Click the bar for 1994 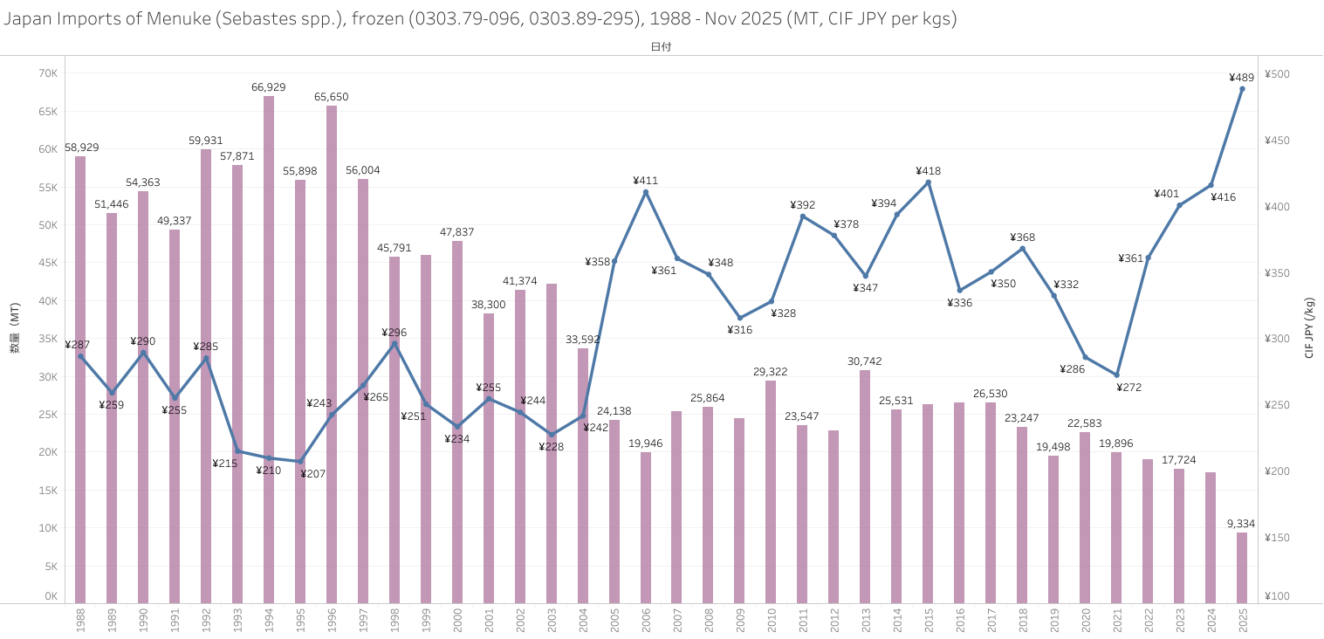[269, 349]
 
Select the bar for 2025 [1242, 567]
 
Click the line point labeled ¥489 [1242, 89]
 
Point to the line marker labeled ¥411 [646, 192]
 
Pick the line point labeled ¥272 [1116, 374]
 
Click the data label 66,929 [269, 87]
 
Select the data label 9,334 [1241, 524]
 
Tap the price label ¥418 [928, 171]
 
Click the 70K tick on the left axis [47, 73]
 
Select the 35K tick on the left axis [47, 339]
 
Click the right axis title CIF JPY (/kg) [1309, 328]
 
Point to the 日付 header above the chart [661, 47]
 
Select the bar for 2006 [646, 527]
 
